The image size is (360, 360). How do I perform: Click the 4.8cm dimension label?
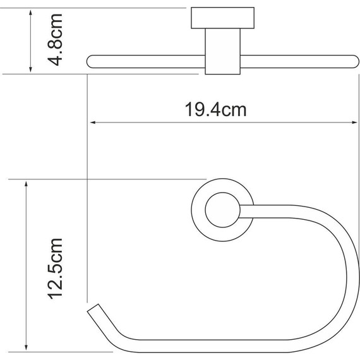[55, 40]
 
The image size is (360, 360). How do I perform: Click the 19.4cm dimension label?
[215, 110]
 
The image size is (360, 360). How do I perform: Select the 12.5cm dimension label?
[55, 269]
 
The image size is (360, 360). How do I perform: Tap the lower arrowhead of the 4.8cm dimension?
[30, 68]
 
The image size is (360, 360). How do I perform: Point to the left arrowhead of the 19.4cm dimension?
[93, 123]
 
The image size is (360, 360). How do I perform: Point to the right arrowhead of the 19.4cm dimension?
[354, 123]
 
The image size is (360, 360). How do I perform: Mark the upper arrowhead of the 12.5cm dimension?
[26, 185]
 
